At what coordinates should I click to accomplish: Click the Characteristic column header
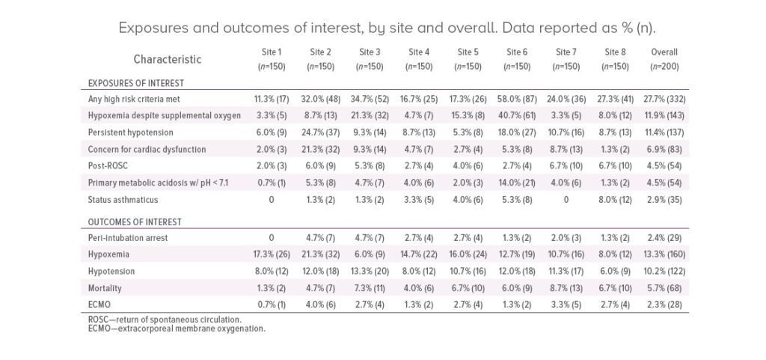coord(168,59)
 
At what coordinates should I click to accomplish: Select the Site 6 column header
coord(517,59)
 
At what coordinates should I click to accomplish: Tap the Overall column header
coord(664,59)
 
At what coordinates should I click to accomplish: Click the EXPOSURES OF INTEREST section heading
coord(136,82)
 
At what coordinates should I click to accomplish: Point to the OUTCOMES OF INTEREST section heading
coord(135,222)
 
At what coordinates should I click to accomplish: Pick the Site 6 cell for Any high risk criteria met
coord(517,99)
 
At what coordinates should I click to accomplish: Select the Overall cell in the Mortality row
coord(664,288)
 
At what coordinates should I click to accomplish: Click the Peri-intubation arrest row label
coord(130,237)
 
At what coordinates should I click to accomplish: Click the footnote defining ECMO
coord(177,329)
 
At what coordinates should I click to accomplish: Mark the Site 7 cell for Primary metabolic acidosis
coord(566,183)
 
